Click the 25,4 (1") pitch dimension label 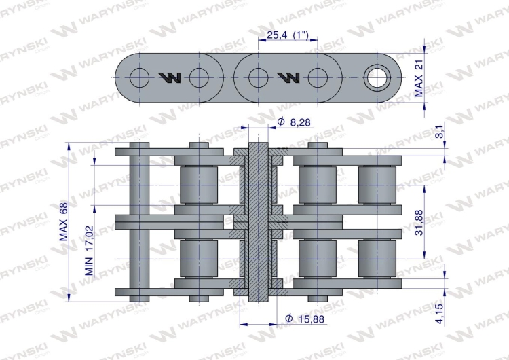point(287,35)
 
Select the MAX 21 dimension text point(419,78)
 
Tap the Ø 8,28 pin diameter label point(294,122)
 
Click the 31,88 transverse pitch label point(419,223)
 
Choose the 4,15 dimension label point(440,314)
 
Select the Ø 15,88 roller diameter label point(305,319)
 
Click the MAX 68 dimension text point(64,221)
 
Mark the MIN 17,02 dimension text point(89,251)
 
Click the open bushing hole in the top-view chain point(377,78)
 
